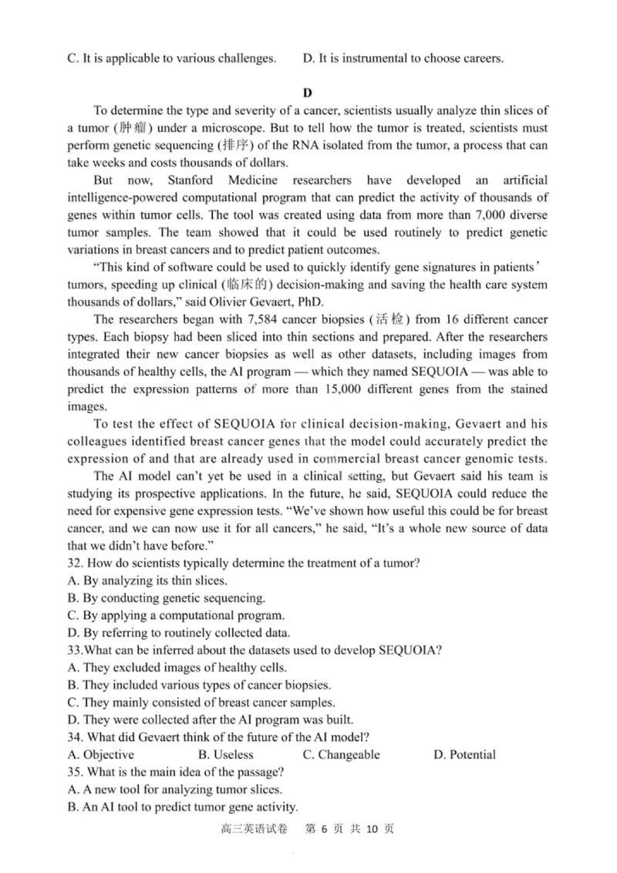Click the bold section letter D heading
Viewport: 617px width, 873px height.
pyautogui.click(x=307, y=93)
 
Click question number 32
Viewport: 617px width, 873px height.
pyautogui.click(x=75, y=562)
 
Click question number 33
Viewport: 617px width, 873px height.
pyautogui.click(x=75, y=649)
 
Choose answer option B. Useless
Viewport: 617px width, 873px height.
pyautogui.click(x=225, y=754)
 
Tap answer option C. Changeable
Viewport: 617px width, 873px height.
pyautogui.click(x=341, y=754)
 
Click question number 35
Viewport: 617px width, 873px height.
pyautogui.click(x=75, y=772)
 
